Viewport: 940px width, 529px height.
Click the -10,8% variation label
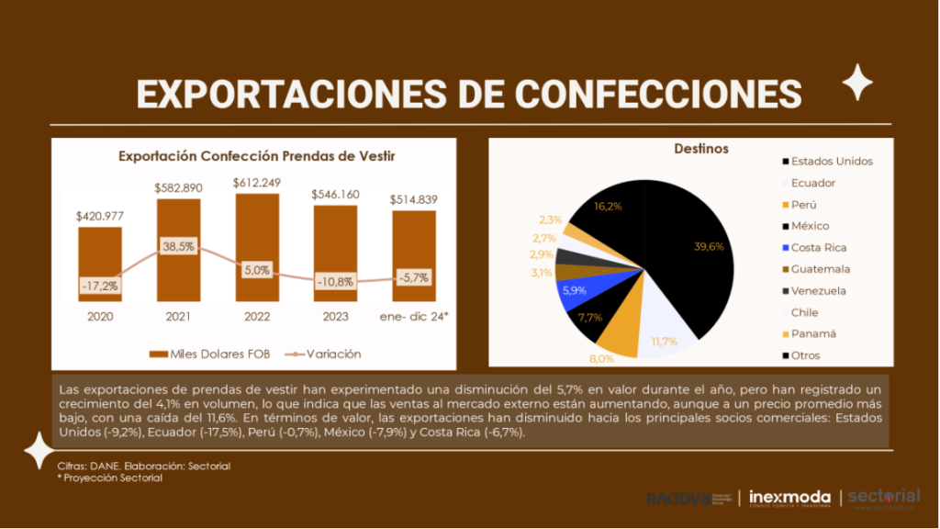click(335, 281)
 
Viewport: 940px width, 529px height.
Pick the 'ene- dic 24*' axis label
click(414, 317)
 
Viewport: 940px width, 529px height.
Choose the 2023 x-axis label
click(335, 317)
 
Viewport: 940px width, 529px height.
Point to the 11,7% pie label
click(664, 342)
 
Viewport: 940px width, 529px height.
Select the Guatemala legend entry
click(820, 269)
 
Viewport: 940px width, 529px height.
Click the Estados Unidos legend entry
click(831, 161)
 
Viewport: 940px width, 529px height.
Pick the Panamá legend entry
click(812, 333)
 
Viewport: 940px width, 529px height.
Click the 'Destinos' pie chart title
click(701, 148)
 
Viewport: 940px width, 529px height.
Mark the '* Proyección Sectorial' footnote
click(110, 478)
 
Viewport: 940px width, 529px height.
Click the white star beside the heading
click(858, 83)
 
